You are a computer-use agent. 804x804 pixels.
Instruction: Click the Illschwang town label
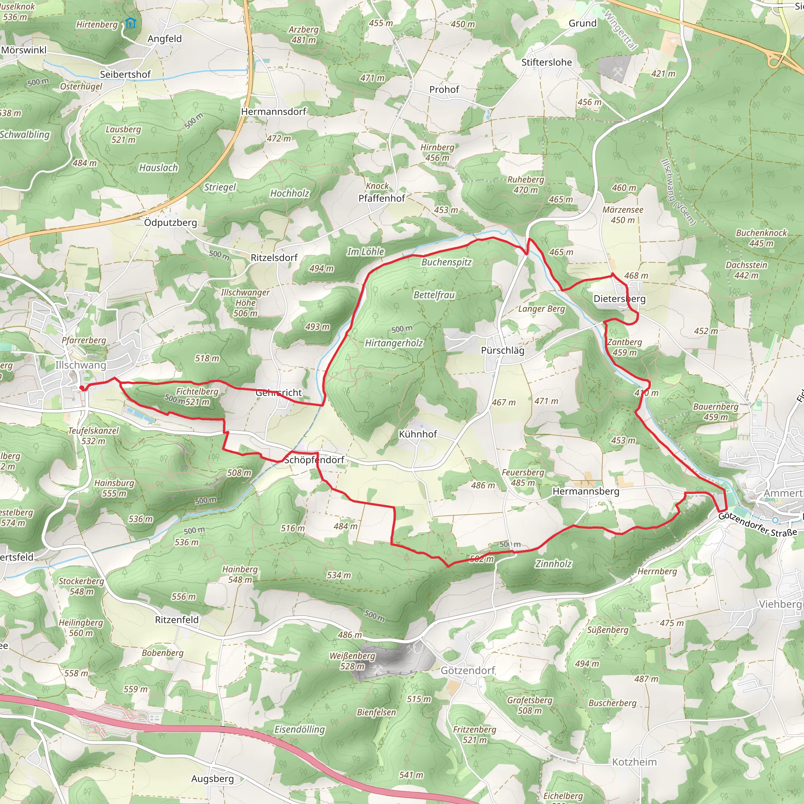click(x=80, y=365)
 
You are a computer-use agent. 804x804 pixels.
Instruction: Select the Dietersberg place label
click(x=619, y=299)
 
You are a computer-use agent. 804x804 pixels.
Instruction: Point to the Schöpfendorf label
click(x=314, y=460)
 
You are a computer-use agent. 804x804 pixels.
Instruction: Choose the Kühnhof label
click(x=418, y=434)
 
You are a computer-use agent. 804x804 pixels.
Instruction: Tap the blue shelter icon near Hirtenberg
click(x=130, y=23)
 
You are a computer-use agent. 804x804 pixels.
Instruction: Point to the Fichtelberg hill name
click(x=197, y=391)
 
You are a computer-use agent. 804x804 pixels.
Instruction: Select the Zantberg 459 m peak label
click(x=624, y=347)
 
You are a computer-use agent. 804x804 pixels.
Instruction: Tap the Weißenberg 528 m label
click(x=352, y=661)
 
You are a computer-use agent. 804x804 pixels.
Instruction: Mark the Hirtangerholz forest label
click(x=394, y=344)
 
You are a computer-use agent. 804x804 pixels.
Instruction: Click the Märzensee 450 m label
click(x=623, y=215)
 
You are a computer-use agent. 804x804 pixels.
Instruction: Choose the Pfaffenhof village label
click(x=382, y=199)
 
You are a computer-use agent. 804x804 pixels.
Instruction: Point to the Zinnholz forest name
click(x=553, y=564)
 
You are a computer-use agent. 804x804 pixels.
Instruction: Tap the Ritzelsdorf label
click(x=274, y=258)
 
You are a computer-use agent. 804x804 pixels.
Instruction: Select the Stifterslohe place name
click(x=546, y=62)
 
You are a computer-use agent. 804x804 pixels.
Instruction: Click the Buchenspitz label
click(x=446, y=262)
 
